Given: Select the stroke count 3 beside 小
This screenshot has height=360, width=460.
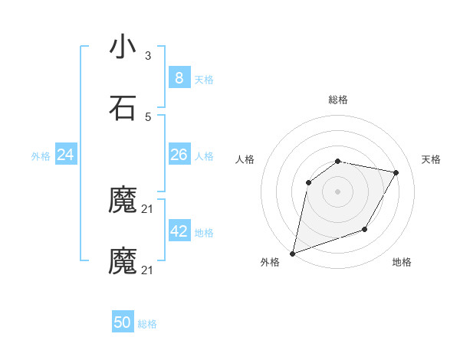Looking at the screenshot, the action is (x=148, y=56).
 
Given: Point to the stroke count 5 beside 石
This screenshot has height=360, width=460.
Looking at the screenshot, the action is (x=148, y=116).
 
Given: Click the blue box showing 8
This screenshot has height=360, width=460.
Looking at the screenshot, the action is (x=179, y=78).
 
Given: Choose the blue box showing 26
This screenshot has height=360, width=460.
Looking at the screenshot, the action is (x=179, y=155).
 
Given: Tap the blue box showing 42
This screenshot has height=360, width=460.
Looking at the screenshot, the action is (x=179, y=231).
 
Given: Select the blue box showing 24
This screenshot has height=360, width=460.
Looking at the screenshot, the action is (x=66, y=155).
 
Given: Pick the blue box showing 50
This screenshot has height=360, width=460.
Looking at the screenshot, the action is (x=123, y=322).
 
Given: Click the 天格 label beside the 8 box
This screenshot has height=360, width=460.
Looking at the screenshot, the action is (x=204, y=80).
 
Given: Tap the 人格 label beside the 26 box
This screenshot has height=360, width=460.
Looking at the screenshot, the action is (x=204, y=156).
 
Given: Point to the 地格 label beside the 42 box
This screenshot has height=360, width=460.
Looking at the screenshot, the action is (x=204, y=233).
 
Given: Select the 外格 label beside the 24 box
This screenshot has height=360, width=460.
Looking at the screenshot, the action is (x=41, y=156).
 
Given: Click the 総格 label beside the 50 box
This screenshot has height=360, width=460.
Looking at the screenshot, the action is (x=147, y=324).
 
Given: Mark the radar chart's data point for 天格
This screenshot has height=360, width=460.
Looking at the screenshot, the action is (x=396, y=172).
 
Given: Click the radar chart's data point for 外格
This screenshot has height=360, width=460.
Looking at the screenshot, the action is (x=292, y=253).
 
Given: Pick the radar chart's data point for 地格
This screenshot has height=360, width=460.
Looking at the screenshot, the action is (x=365, y=229).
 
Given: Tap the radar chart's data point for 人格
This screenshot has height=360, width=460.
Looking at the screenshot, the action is (x=309, y=182).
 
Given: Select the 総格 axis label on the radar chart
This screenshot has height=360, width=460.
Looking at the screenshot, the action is (x=337, y=100).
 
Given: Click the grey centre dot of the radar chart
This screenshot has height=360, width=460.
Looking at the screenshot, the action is (x=337, y=191).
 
